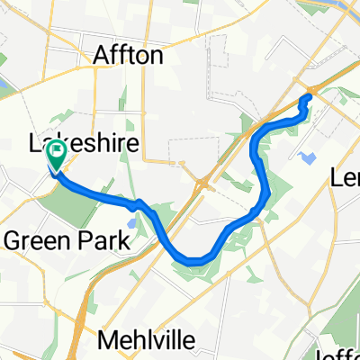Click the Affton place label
coord(129,56)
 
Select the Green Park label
coord(67,240)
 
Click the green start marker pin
coord(56,154)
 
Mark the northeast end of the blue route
coord(309,95)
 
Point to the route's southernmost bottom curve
coord(198,260)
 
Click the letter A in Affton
coord(102,56)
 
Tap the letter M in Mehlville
coord(105,341)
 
